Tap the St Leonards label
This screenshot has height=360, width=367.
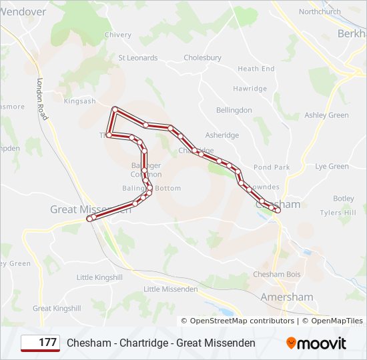click(x=138, y=58)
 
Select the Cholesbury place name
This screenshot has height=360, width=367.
click(x=202, y=58)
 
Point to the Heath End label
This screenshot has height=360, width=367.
click(x=256, y=69)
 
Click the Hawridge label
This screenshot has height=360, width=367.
click(x=250, y=89)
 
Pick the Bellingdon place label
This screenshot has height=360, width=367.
click(x=234, y=110)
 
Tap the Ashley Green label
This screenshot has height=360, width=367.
click(x=326, y=115)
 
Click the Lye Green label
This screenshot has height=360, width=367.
click(x=332, y=166)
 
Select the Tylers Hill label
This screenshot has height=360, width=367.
click(x=338, y=213)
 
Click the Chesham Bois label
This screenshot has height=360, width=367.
click(x=276, y=275)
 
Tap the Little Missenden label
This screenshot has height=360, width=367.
click(x=171, y=289)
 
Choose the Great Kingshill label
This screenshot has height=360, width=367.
click(x=57, y=309)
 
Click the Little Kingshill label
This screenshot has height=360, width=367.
click(x=99, y=277)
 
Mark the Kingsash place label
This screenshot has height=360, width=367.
click(x=79, y=101)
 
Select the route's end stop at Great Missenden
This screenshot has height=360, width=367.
click(x=90, y=218)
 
